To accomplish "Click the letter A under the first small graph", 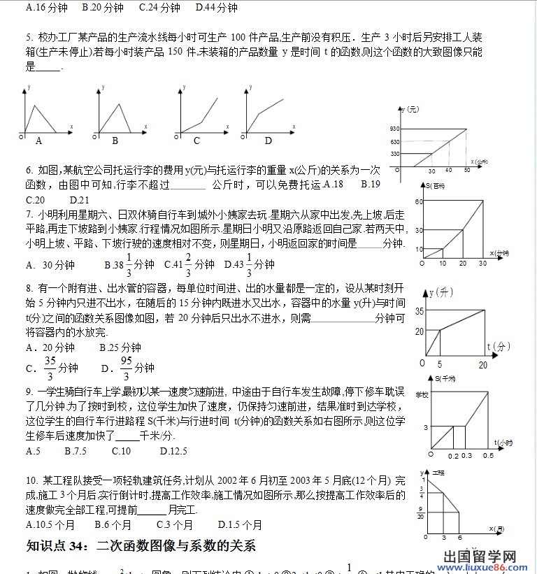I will (39, 140).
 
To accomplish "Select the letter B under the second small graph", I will (114, 140).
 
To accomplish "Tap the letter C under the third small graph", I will (196, 141).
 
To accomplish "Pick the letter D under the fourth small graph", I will (268, 141).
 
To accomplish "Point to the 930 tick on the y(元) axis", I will (395, 129).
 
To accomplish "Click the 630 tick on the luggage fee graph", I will (395, 142).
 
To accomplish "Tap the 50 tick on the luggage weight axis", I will (466, 171).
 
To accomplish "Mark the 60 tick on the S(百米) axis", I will (420, 202).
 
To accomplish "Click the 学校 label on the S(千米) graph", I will (422, 395).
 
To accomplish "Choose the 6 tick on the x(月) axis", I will (459, 538).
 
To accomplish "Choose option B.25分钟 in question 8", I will (120, 347).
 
